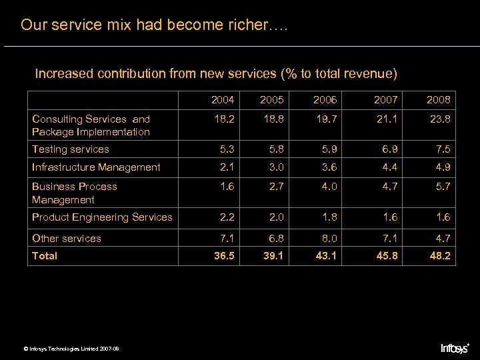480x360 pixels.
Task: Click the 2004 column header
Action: pos(223,100)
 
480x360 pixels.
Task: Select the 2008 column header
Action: pos(439,100)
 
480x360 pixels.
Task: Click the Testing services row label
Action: pos(71,149)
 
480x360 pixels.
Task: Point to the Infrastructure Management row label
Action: pos(96,167)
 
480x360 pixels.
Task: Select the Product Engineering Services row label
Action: pos(102,217)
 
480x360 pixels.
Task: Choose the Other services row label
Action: pos(67,238)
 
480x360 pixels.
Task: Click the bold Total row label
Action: pos(45,256)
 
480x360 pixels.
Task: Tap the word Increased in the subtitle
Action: pos(64,73)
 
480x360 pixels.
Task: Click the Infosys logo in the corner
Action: pos(455,348)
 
